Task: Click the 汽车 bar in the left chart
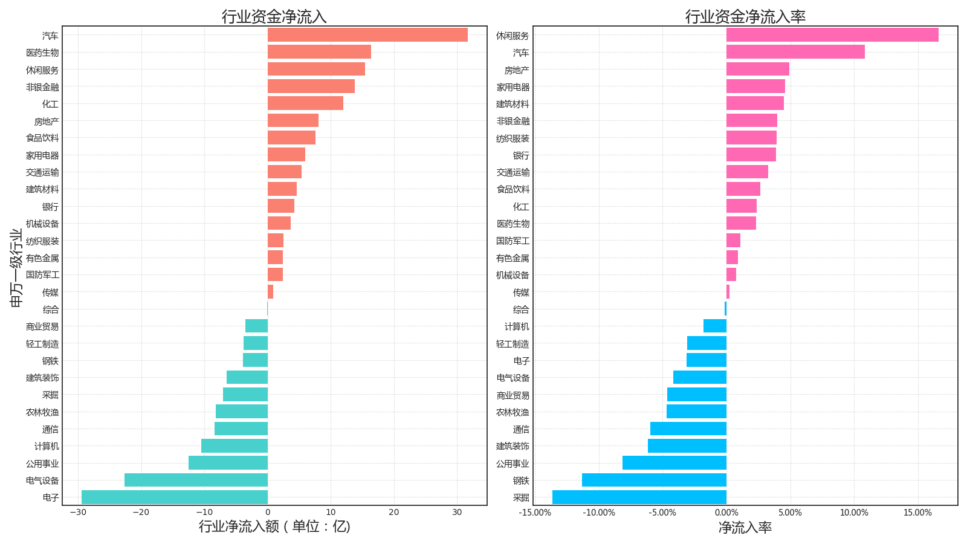tap(367, 35)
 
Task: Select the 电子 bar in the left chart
tap(175, 497)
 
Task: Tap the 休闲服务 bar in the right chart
tap(832, 35)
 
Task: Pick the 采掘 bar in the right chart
tap(639, 497)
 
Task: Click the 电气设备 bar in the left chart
tap(196, 480)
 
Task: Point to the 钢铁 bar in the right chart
tap(654, 480)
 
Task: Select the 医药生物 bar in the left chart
tap(319, 52)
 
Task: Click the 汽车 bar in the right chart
tap(795, 52)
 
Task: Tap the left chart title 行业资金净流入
tap(274, 16)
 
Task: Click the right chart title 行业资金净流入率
tap(745, 16)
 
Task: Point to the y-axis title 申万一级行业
tap(16, 267)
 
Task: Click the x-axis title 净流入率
tap(745, 528)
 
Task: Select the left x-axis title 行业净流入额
tap(274, 526)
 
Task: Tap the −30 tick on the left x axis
tap(77, 513)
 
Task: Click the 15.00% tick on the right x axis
tap(917, 513)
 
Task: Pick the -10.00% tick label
tap(599, 513)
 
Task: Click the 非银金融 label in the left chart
tap(42, 87)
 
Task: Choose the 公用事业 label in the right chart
tap(513, 464)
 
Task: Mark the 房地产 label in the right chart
tap(517, 70)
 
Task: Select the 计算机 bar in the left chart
tap(234, 446)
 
